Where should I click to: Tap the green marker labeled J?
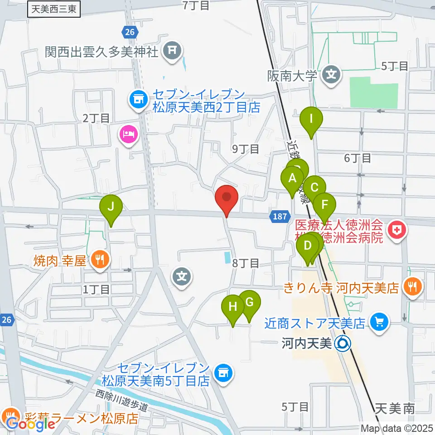[111, 208]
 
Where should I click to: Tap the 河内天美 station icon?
[343, 344]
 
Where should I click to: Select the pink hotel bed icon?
[128, 134]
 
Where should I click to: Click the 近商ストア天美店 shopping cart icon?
[379, 322]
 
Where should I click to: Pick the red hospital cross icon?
[397, 230]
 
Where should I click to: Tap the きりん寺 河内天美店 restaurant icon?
[412, 286]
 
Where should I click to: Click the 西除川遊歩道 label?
[122, 401]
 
